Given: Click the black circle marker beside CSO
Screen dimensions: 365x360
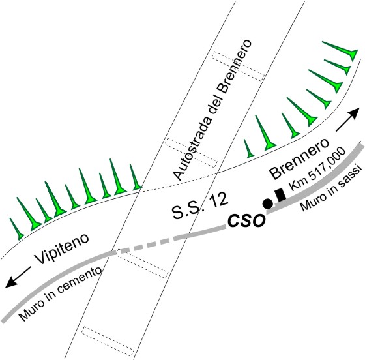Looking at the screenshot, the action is click(267, 203).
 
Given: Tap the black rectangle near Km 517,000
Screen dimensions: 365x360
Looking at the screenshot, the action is click(280, 194).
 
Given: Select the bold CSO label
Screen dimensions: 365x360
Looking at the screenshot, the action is click(246, 220).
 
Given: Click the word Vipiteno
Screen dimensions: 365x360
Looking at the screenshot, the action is click(62, 248).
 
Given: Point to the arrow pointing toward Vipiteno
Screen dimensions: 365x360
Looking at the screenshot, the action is click(18, 277).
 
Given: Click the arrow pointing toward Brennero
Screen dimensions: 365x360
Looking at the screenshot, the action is click(346, 119).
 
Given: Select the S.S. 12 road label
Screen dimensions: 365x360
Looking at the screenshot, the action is click(199, 205).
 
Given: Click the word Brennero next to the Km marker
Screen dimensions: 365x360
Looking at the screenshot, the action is click(300, 159).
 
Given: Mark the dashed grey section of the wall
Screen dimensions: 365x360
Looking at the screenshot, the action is click(144, 245).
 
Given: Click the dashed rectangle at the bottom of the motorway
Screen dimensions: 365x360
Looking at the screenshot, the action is click(108, 341).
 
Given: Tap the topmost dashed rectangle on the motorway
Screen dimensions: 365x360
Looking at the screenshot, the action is click(238, 66).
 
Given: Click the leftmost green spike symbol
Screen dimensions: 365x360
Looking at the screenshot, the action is click(17, 229).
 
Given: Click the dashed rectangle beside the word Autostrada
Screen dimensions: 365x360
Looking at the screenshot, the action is click(191, 153).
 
